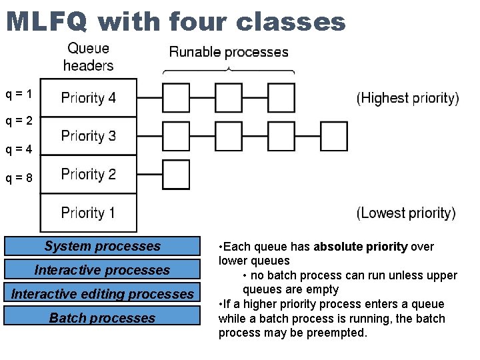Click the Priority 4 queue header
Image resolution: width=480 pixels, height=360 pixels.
(89, 98)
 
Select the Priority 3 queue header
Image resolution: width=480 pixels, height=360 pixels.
(89, 136)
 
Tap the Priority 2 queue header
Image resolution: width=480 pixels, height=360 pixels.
(89, 175)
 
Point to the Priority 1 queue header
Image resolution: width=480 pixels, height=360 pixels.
(89, 213)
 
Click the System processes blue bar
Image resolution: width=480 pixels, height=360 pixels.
(102, 246)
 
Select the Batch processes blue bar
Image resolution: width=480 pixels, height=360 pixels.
(102, 318)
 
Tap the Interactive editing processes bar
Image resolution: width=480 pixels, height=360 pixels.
(102, 294)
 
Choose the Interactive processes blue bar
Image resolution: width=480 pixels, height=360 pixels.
(102, 270)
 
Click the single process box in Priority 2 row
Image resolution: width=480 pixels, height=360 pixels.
(176, 175)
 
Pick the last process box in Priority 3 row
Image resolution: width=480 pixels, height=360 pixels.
(334, 136)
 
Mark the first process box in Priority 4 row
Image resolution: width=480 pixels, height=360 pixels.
(176, 98)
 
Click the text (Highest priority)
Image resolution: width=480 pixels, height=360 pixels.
(408, 99)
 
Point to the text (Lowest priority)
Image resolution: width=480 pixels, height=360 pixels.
(407, 213)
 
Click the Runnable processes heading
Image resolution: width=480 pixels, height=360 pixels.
(229, 52)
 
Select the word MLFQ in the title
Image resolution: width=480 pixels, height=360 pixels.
(46, 22)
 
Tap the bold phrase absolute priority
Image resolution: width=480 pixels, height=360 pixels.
(361, 247)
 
